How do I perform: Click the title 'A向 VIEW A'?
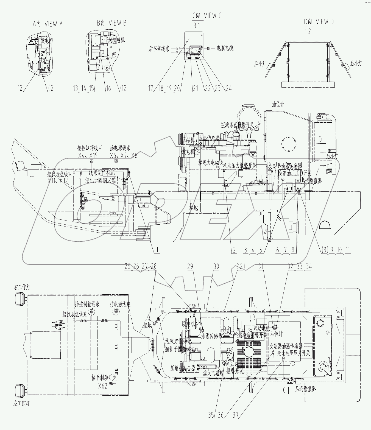[48, 24]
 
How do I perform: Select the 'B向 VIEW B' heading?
[111, 23]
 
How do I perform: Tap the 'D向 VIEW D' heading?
[319, 22]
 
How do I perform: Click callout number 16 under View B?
[108, 88]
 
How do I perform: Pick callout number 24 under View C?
[228, 88]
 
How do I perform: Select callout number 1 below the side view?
[157, 250]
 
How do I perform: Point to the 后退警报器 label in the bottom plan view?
[305, 389]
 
